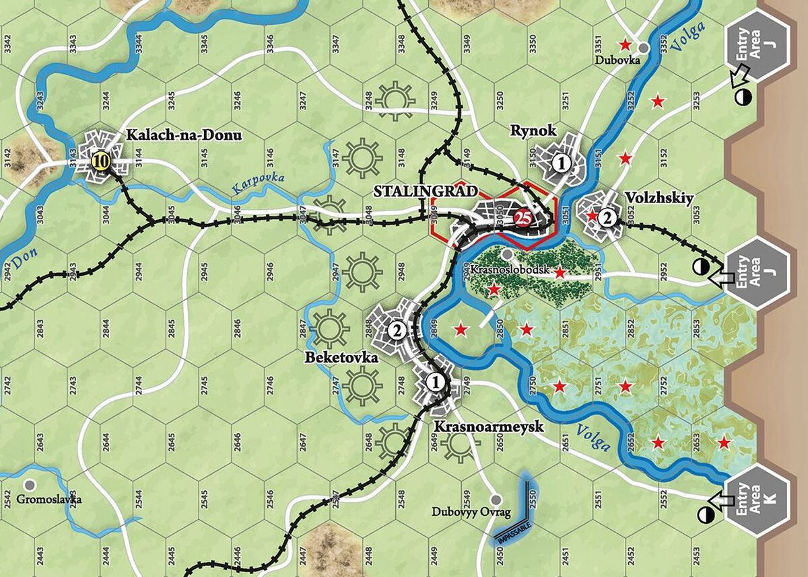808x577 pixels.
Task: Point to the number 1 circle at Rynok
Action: pos(560,162)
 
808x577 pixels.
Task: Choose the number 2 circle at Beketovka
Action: pos(397,330)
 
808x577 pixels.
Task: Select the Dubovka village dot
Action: pos(644,47)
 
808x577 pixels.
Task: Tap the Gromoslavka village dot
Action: pos(29,484)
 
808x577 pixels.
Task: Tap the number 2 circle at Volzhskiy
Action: pos(607,217)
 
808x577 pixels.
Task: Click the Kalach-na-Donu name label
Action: pos(183,135)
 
